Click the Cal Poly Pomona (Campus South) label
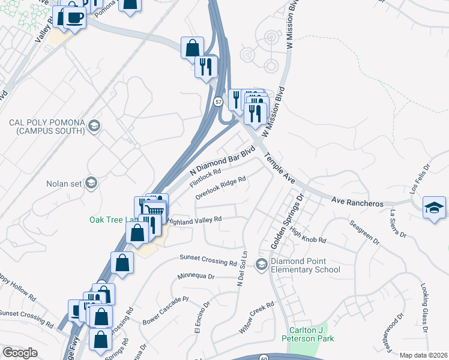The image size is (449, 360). pos(47,127)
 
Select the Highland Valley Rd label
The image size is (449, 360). pos(194,221)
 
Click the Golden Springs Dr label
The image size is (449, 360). pos(288,221)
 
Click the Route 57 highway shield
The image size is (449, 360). pos(218,102)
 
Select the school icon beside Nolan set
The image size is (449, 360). pos(91,183)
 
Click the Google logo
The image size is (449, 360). pos(20,353)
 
